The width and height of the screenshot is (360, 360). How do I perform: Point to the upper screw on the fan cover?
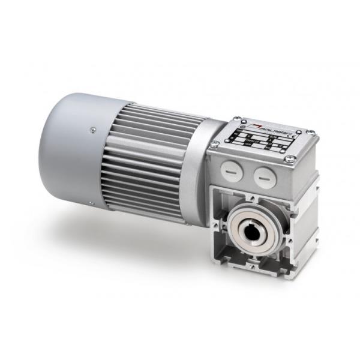[92, 128]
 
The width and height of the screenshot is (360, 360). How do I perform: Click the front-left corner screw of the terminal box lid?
[214, 144]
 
